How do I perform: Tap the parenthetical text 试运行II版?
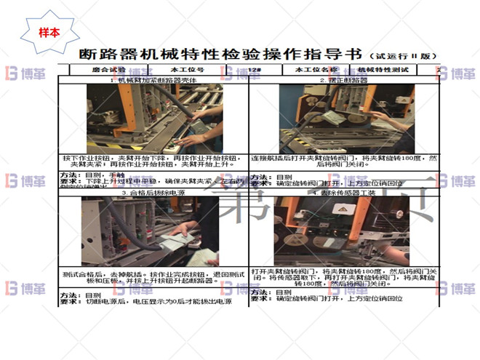403,56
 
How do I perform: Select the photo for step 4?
342,231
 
